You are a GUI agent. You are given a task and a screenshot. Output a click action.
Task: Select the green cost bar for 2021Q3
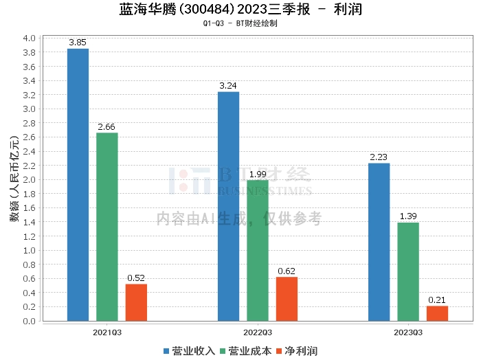(107, 227)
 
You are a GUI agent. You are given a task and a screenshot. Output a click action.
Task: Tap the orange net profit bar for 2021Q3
(136, 302)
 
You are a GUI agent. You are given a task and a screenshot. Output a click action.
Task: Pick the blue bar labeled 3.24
(228, 206)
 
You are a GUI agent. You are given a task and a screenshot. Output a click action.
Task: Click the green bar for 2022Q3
(258, 250)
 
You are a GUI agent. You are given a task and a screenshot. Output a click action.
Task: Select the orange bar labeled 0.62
(287, 299)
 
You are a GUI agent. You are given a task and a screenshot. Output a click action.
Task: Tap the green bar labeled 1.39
(408, 271)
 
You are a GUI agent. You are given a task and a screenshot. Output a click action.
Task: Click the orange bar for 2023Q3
(437, 313)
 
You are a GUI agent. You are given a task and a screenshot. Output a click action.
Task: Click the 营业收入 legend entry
(189, 351)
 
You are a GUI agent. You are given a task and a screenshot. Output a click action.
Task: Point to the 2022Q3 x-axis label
(258, 332)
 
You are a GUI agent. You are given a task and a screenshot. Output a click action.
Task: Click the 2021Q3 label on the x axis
(107, 332)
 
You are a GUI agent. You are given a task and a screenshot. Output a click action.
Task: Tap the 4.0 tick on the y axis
(29, 38)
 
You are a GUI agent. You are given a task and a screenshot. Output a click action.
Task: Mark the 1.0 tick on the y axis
(29, 251)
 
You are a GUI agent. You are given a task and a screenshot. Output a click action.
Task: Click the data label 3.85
(78, 43)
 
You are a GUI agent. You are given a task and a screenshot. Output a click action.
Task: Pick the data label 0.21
(437, 300)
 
